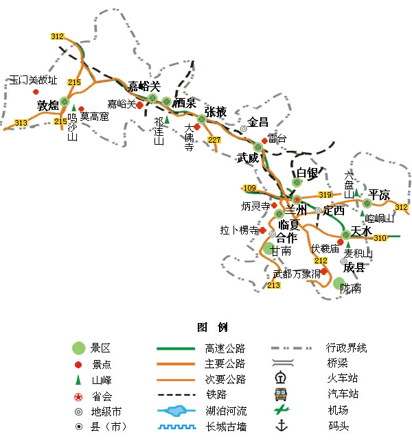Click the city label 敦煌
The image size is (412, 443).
[48, 106]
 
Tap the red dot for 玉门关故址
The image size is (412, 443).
[36, 92]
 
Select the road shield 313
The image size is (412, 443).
[21, 123]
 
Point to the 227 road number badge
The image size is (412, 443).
[214, 140]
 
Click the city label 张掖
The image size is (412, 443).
[216, 112]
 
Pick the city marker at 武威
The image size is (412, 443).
[258, 147]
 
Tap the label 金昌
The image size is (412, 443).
[257, 122]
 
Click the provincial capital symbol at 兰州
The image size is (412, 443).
[297, 200]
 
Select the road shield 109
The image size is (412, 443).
[249, 188]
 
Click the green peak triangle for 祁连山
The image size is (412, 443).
[168, 120]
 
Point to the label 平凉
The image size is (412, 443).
[379, 195]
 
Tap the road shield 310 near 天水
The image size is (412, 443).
[380, 238]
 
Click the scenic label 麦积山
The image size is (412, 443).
[358, 253]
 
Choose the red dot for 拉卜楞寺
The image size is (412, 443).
[262, 230]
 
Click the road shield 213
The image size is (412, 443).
[273, 285]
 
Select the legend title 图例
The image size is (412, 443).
[212, 327]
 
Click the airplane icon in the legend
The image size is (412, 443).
[282, 409]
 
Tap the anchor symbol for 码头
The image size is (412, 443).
[282, 425]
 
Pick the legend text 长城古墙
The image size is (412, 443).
[226, 427]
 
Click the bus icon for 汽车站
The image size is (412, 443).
[282, 394]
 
